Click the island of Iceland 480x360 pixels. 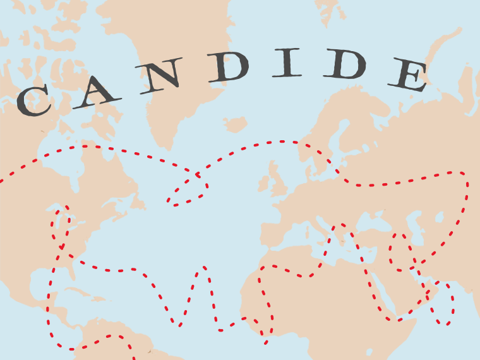[235, 124]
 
